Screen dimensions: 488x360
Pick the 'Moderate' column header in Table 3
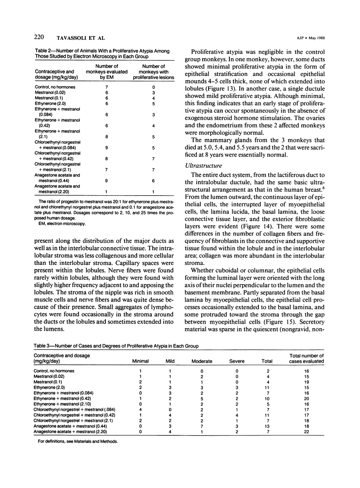click(x=202, y=361)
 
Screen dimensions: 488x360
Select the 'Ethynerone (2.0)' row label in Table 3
click(x=52, y=387)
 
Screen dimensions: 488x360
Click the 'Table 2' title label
click(x=44, y=51)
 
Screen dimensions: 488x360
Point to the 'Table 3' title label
click(x=44, y=345)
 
